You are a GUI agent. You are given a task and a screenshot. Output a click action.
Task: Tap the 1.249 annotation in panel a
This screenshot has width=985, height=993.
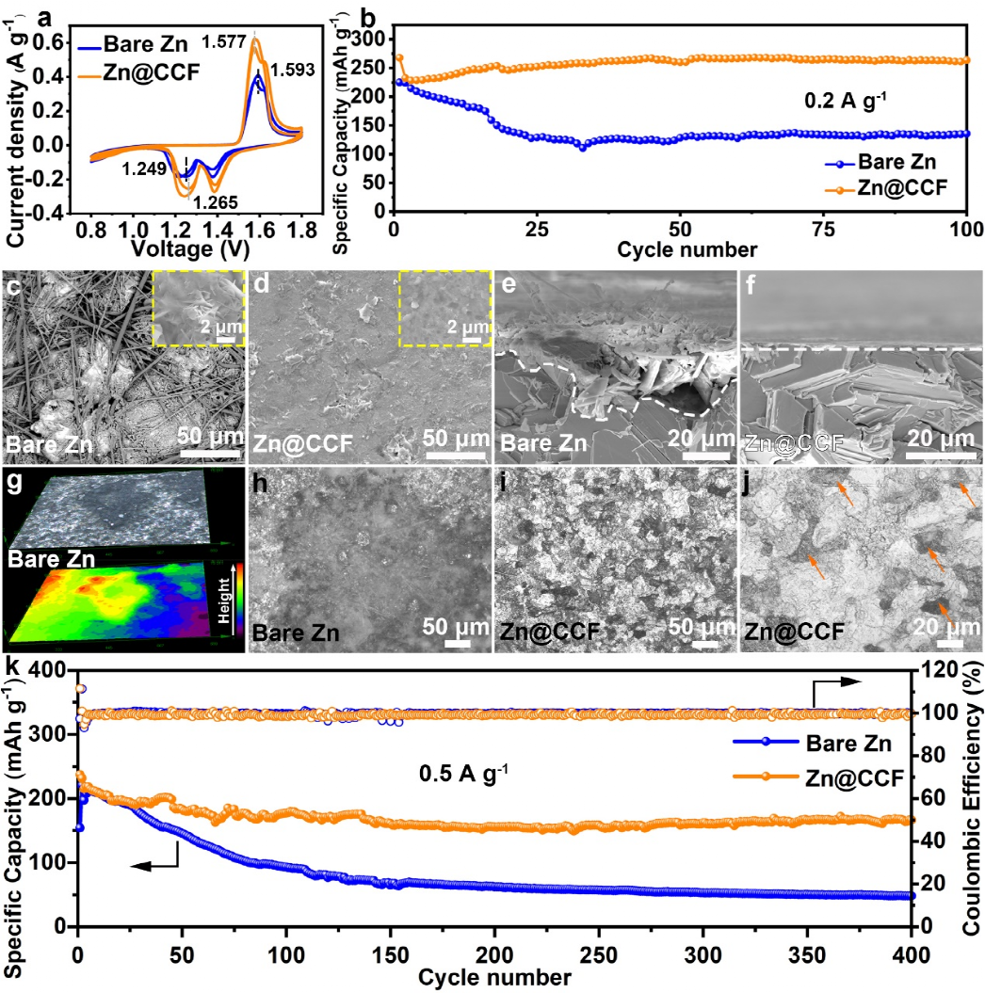[x=144, y=169]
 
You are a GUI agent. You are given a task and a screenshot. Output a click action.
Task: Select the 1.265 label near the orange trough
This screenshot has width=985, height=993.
[x=215, y=200]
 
